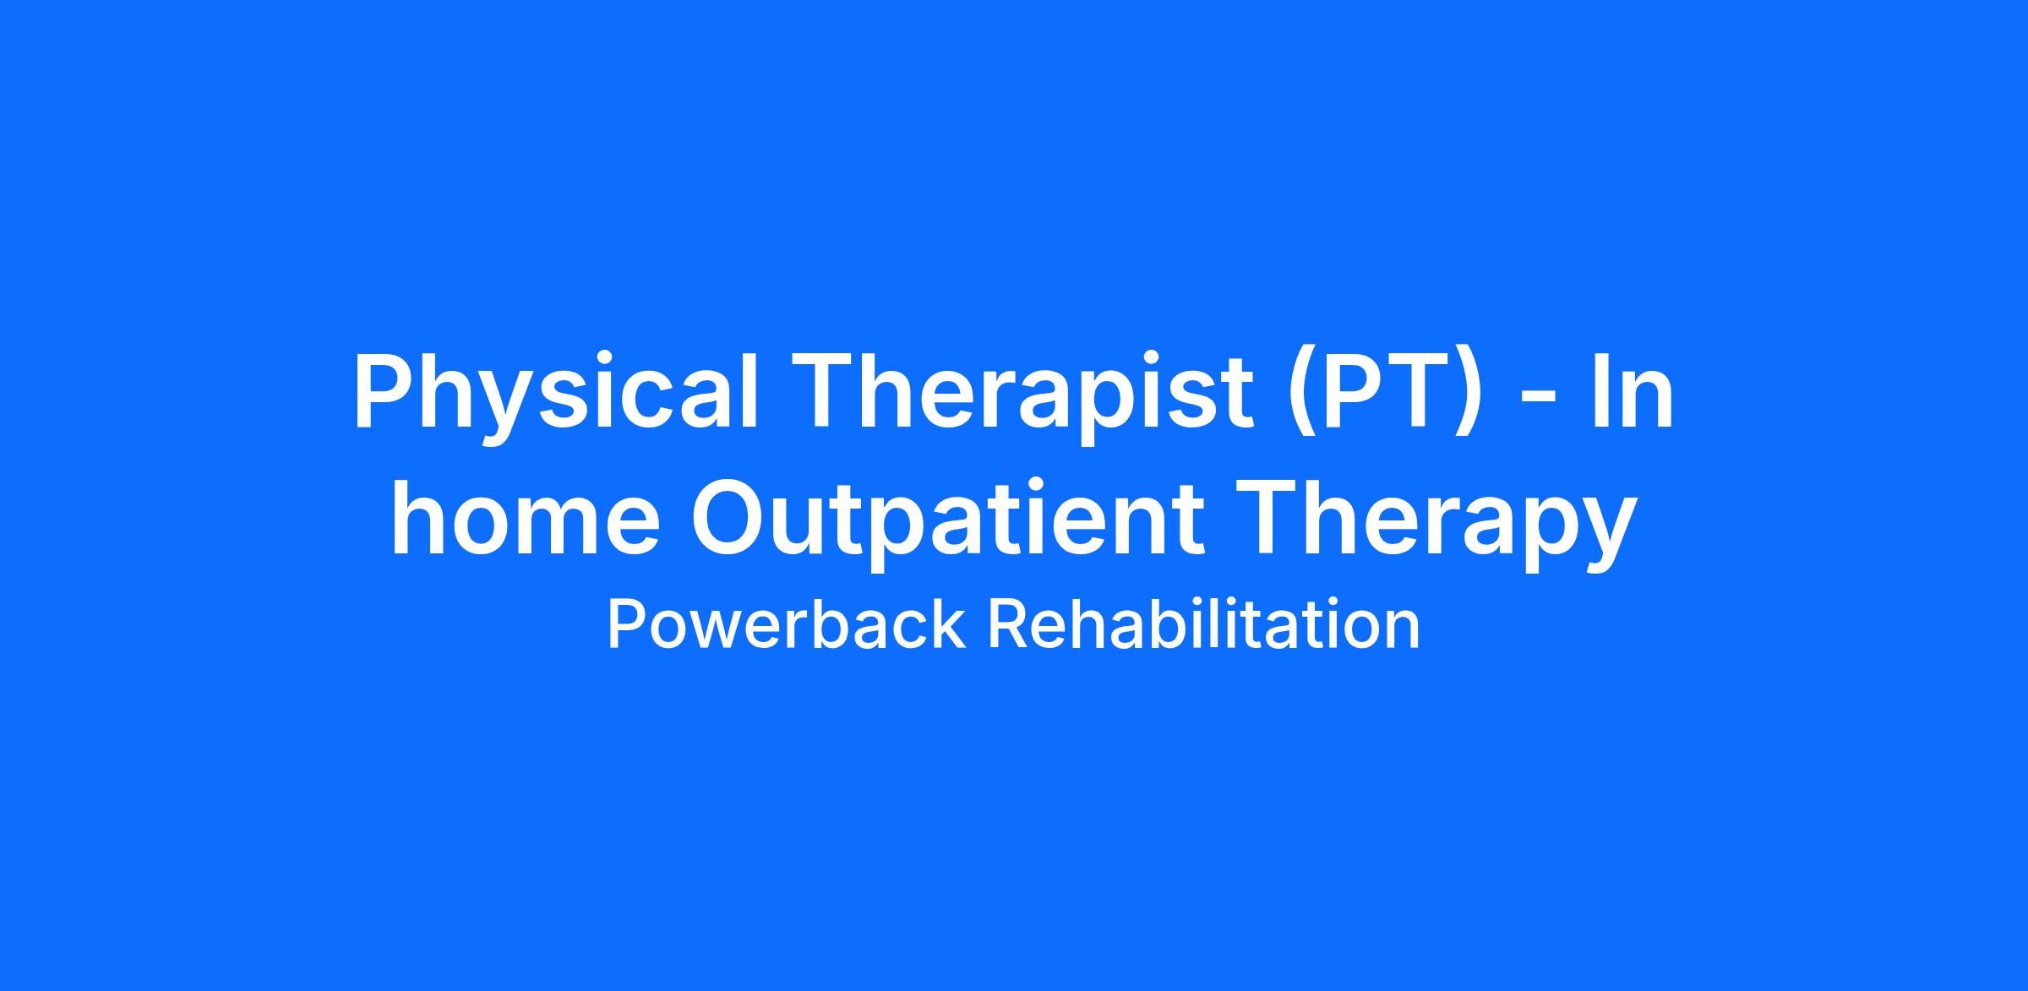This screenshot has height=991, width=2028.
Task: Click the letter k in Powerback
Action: [x=948, y=624]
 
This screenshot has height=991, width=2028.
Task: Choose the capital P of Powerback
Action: [x=625, y=626]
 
